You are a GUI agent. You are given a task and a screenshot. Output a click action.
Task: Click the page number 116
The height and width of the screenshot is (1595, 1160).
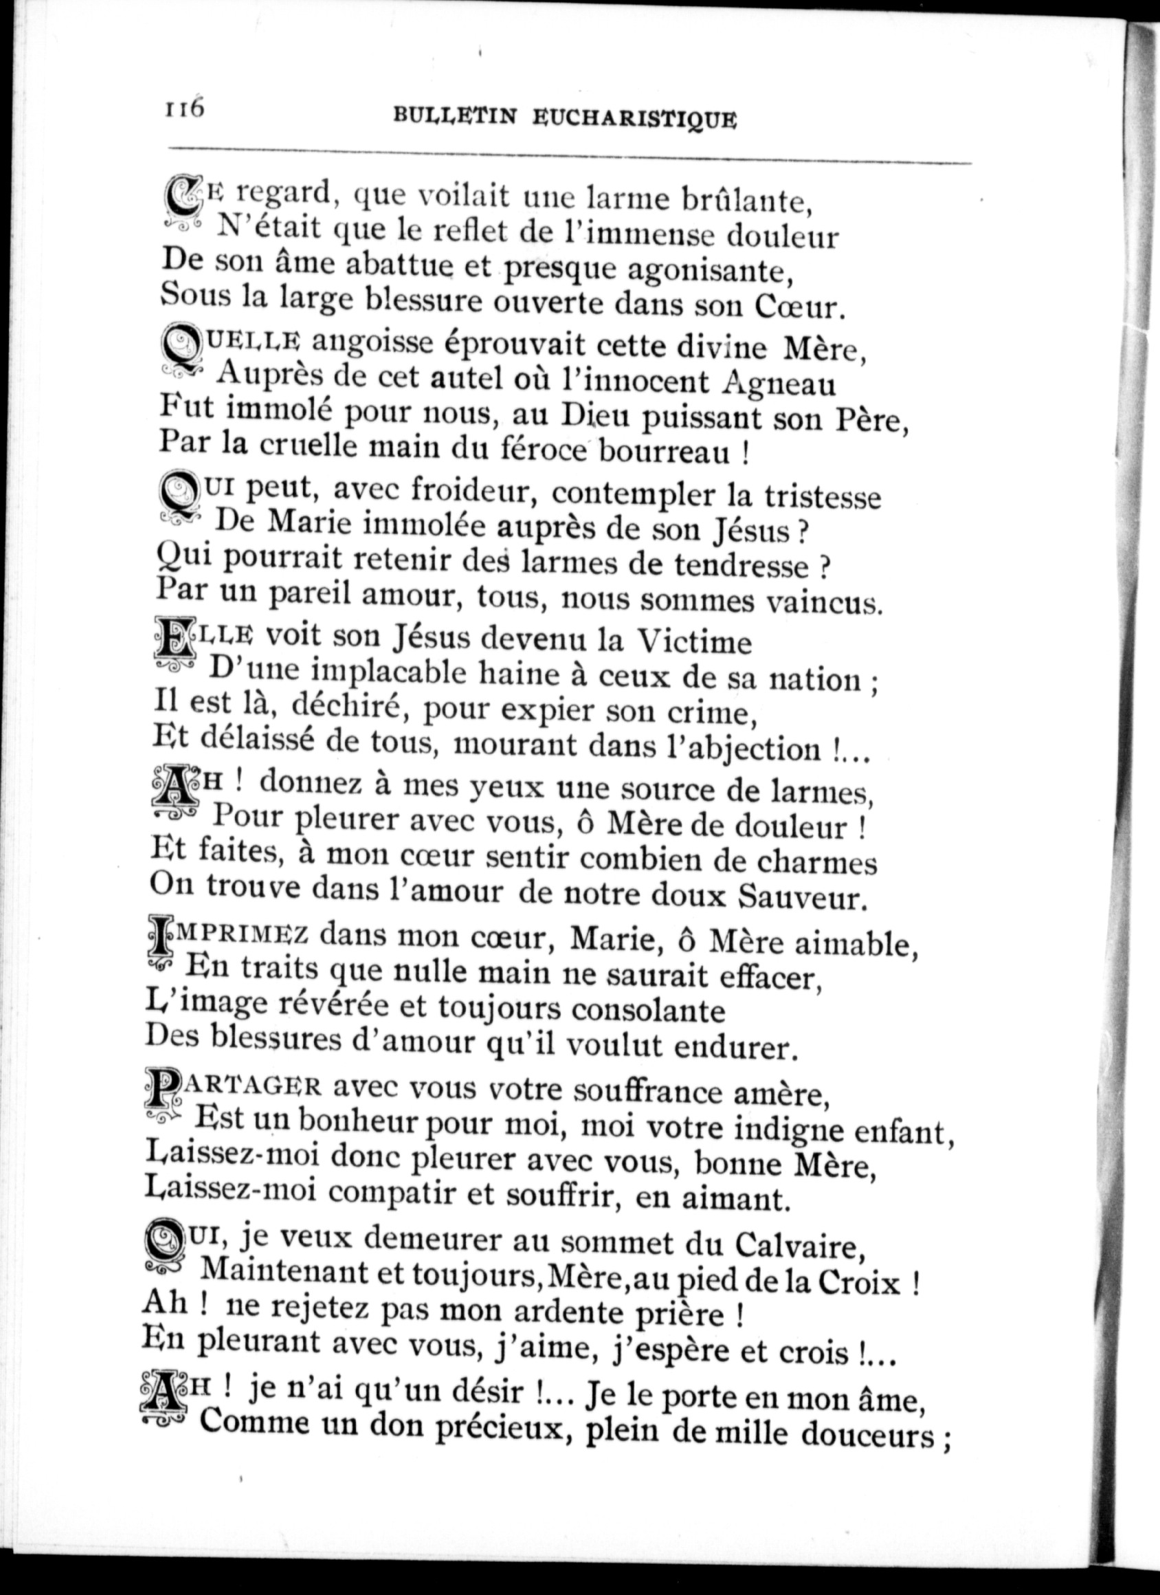click(183, 110)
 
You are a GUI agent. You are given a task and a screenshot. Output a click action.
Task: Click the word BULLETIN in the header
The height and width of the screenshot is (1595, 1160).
click(454, 116)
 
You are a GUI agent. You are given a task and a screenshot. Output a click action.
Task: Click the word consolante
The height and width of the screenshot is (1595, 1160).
click(647, 1010)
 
